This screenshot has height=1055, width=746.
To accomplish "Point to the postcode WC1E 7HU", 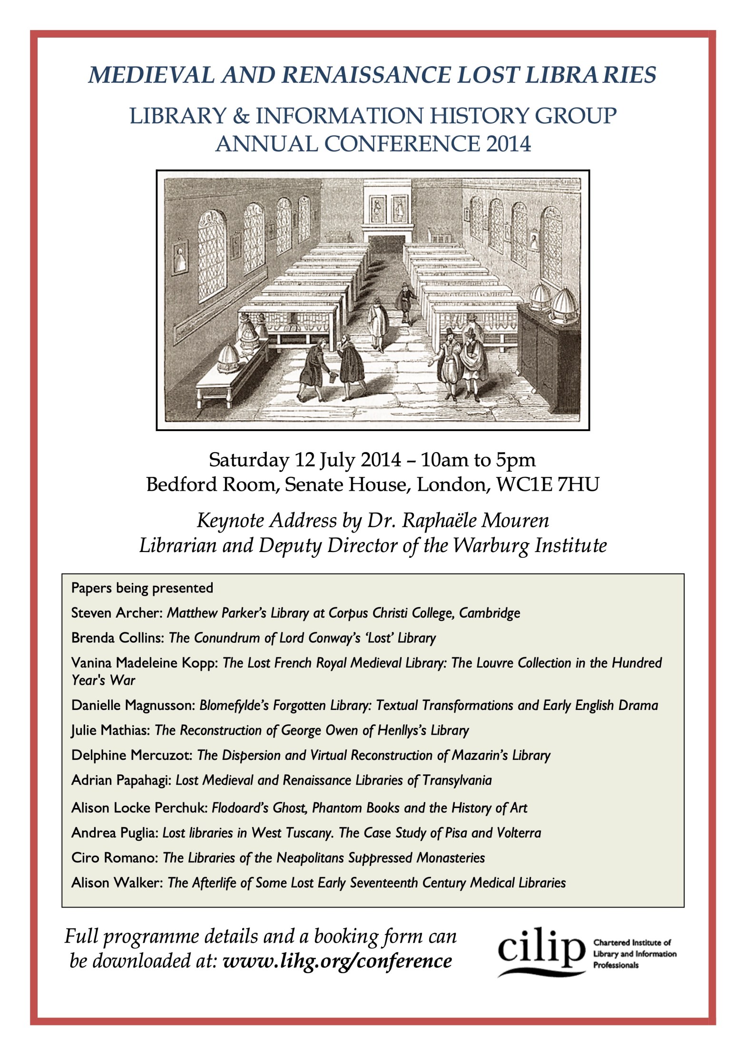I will point(547,484).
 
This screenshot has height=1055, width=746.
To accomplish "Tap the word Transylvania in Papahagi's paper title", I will point(457,780).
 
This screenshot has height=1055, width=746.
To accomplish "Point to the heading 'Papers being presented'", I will point(142,588).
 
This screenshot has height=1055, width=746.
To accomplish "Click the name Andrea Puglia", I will point(114,832).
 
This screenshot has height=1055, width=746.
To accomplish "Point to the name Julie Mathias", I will point(110,730).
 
